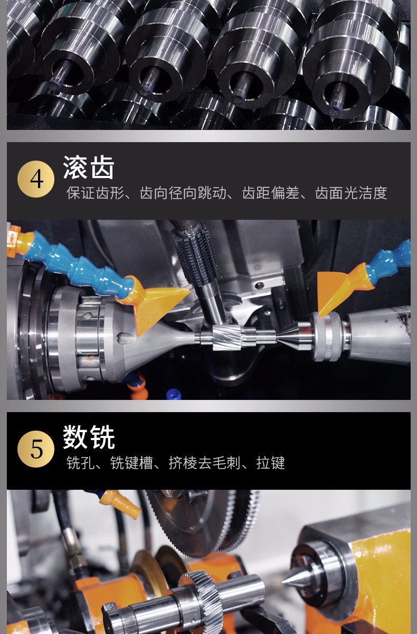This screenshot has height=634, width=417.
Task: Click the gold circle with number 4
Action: (x=36, y=179)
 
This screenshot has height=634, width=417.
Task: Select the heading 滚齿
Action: (x=89, y=167)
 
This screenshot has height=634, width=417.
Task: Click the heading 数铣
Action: (x=89, y=437)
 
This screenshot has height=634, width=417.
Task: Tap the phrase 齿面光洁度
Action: (x=351, y=193)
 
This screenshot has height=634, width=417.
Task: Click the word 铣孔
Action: (x=81, y=463)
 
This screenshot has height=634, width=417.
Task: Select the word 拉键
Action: (x=271, y=463)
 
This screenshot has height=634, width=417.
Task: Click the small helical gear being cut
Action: (x=227, y=337)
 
